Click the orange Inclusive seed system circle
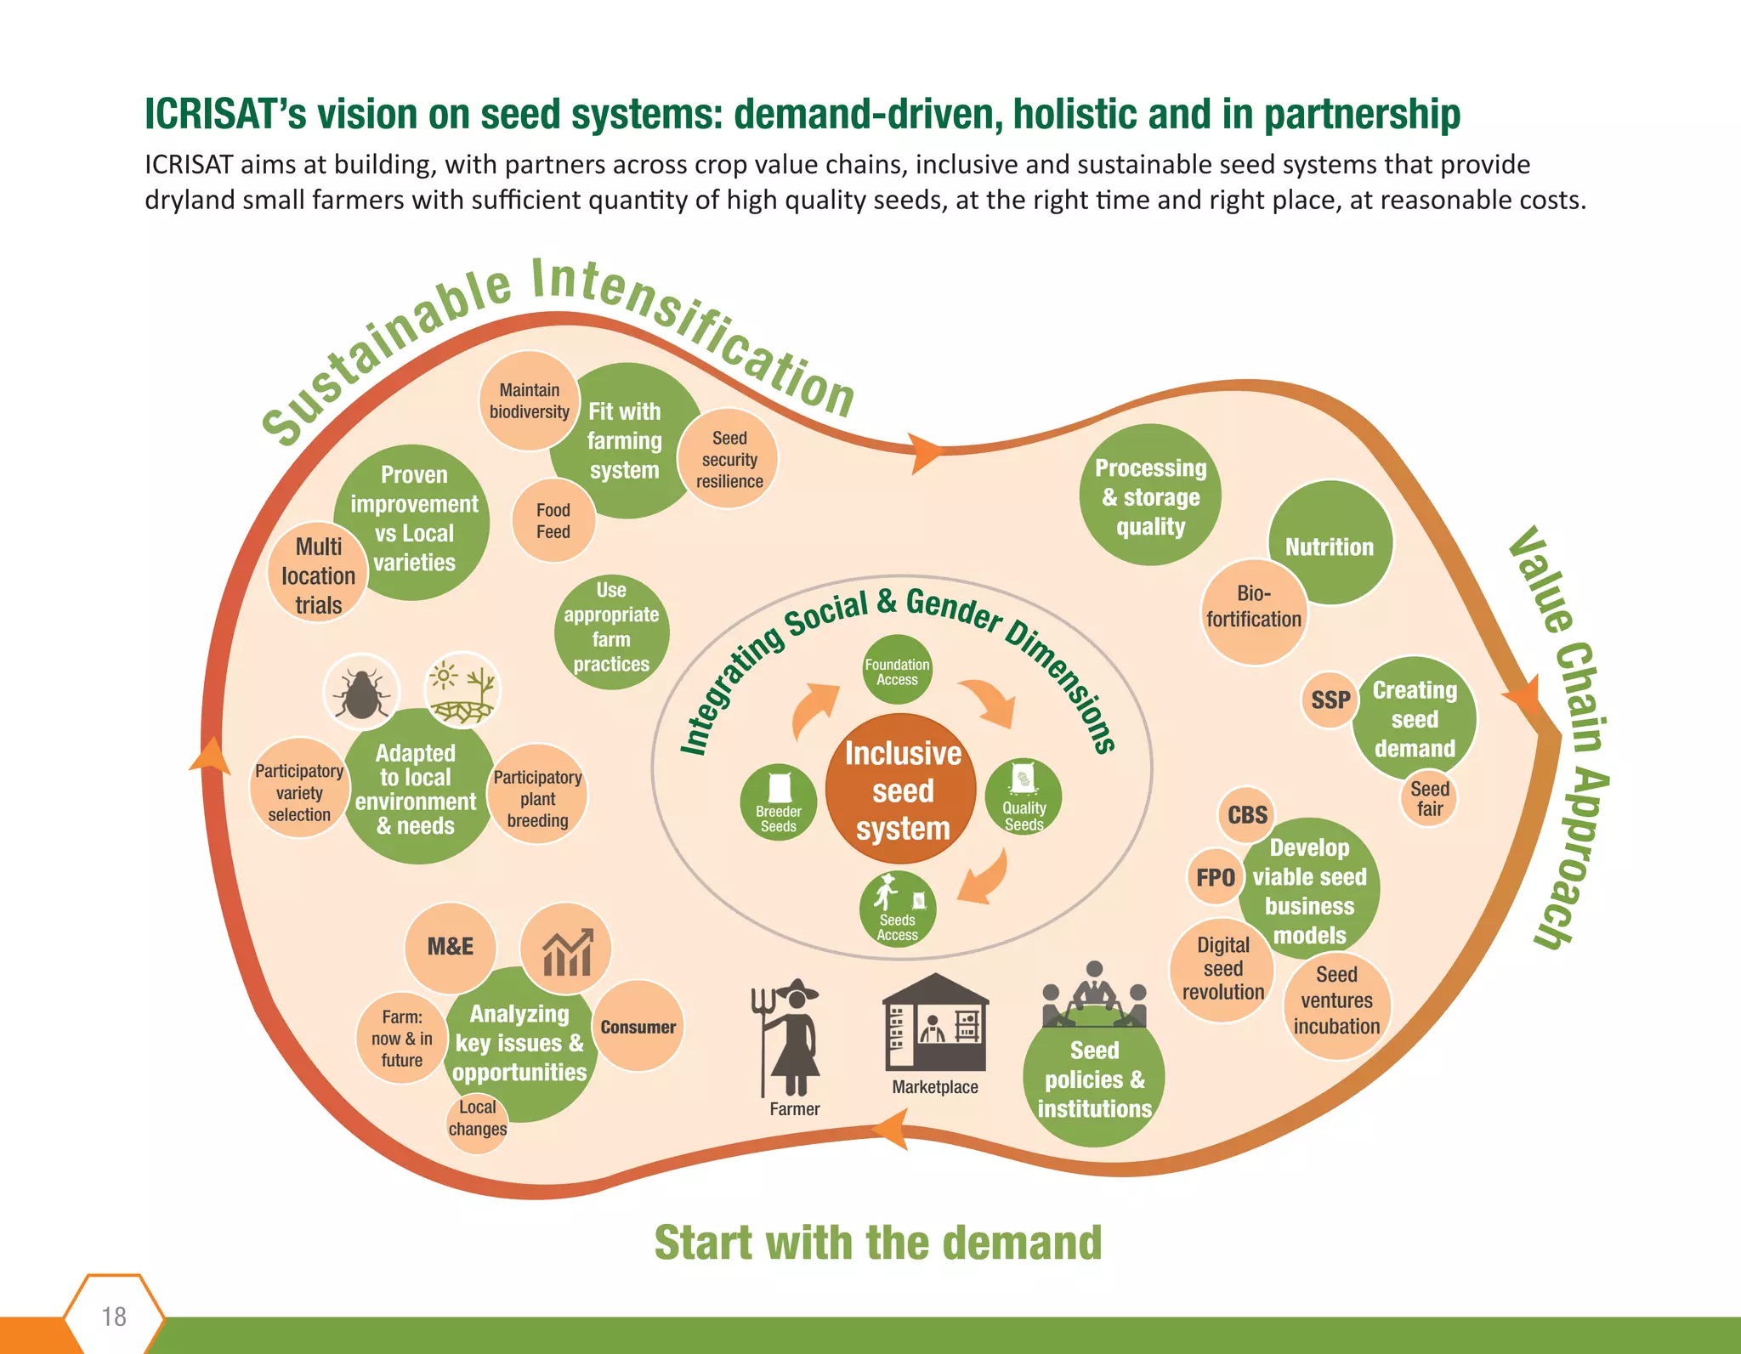pos(902,790)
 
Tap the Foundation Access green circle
pos(897,671)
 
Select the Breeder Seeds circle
pos(778,802)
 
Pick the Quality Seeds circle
pos(1024,796)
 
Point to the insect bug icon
pos(361,691)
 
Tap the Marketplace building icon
pos(934,1024)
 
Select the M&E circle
pos(450,947)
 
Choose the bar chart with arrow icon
pos(566,949)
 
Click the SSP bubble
pos(1330,700)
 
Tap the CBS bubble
pos(1247,814)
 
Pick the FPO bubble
pos(1215,876)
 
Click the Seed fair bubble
pos(1429,799)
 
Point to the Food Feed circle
pos(553,521)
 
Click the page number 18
pos(114,1316)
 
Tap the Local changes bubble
pos(477,1119)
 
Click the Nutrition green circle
pos(1330,544)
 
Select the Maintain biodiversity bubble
pos(529,400)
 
